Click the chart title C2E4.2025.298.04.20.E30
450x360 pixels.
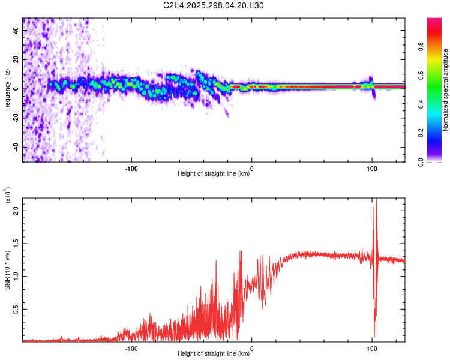click(x=214, y=5)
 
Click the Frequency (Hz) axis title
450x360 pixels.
click(x=7, y=89)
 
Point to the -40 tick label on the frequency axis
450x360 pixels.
click(x=15, y=148)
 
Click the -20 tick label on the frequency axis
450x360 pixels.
click(x=15, y=118)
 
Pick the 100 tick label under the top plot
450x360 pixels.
click(x=372, y=167)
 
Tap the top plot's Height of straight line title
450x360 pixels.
click(x=214, y=174)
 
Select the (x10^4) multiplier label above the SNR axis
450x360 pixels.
click(x=8, y=196)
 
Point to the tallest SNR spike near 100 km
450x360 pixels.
click(x=376, y=204)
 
